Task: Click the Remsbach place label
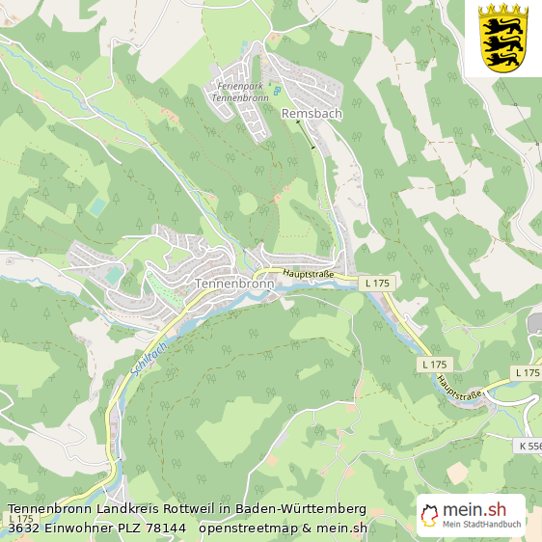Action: click(x=312, y=113)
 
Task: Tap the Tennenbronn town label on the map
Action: click(x=234, y=285)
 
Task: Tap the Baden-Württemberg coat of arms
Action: click(x=503, y=38)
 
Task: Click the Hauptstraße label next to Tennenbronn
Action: click(x=307, y=274)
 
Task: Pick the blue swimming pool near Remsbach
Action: click(x=276, y=91)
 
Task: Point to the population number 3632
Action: click(x=24, y=528)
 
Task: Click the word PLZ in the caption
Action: click(x=124, y=528)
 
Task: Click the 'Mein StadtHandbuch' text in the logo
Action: click(x=482, y=525)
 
